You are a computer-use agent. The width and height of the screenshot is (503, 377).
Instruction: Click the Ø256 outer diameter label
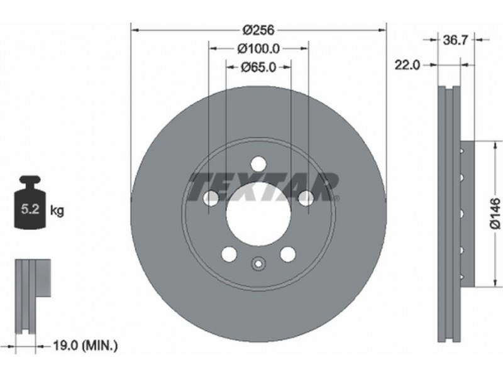[x=258, y=30]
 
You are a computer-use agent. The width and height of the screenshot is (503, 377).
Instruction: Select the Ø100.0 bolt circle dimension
[x=258, y=49]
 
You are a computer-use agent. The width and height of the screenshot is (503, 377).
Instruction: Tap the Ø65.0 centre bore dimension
[x=258, y=67]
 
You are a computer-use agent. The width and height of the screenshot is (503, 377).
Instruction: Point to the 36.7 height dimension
[x=456, y=40]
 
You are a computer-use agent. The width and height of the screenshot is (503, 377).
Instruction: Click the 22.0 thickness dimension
[x=407, y=65]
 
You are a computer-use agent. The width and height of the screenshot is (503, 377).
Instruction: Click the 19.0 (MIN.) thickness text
[x=85, y=346]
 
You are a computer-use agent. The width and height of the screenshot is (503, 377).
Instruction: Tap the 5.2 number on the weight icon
[x=30, y=209]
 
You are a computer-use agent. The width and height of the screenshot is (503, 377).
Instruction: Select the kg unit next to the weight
[x=57, y=210]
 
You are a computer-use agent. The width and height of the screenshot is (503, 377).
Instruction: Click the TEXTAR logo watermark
[x=263, y=187]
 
